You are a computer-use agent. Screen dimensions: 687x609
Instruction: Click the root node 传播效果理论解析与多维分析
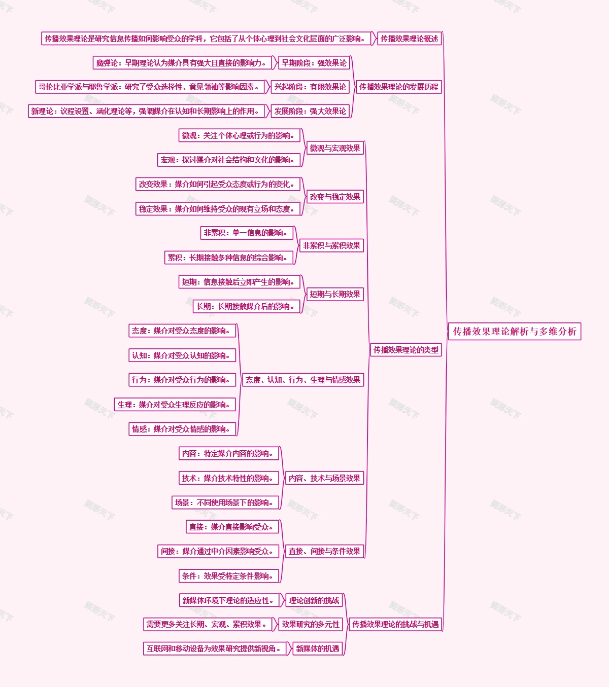(514, 332)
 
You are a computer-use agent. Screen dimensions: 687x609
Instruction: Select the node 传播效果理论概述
(409, 39)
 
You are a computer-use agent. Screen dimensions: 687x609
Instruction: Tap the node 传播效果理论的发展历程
(398, 87)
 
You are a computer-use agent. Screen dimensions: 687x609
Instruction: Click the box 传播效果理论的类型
(405, 350)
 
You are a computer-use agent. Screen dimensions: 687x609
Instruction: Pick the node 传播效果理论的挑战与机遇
(395, 624)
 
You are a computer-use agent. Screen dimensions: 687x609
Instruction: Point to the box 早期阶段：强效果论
(314, 63)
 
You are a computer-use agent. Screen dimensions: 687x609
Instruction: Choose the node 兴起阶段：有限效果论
(310, 87)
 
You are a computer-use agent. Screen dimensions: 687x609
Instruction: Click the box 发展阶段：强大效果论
(310, 111)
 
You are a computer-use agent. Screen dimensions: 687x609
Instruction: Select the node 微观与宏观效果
(335, 148)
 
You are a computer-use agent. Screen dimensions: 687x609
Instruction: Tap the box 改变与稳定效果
(335, 197)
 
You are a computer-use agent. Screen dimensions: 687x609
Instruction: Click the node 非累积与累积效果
(331, 245)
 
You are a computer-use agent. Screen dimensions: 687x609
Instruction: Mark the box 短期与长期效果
(335, 294)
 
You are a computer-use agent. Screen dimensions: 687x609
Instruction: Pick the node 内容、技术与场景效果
(324, 478)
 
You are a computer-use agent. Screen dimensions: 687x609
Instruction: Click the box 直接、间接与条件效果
(324, 551)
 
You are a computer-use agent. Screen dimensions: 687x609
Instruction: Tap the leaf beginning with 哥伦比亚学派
(150, 87)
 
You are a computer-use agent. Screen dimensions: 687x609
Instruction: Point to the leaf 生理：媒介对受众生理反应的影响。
(175, 405)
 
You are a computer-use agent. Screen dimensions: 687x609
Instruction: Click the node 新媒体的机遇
(317, 648)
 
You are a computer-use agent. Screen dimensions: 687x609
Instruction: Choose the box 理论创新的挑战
(314, 600)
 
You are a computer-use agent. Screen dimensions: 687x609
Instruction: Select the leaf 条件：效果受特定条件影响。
(229, 576)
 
